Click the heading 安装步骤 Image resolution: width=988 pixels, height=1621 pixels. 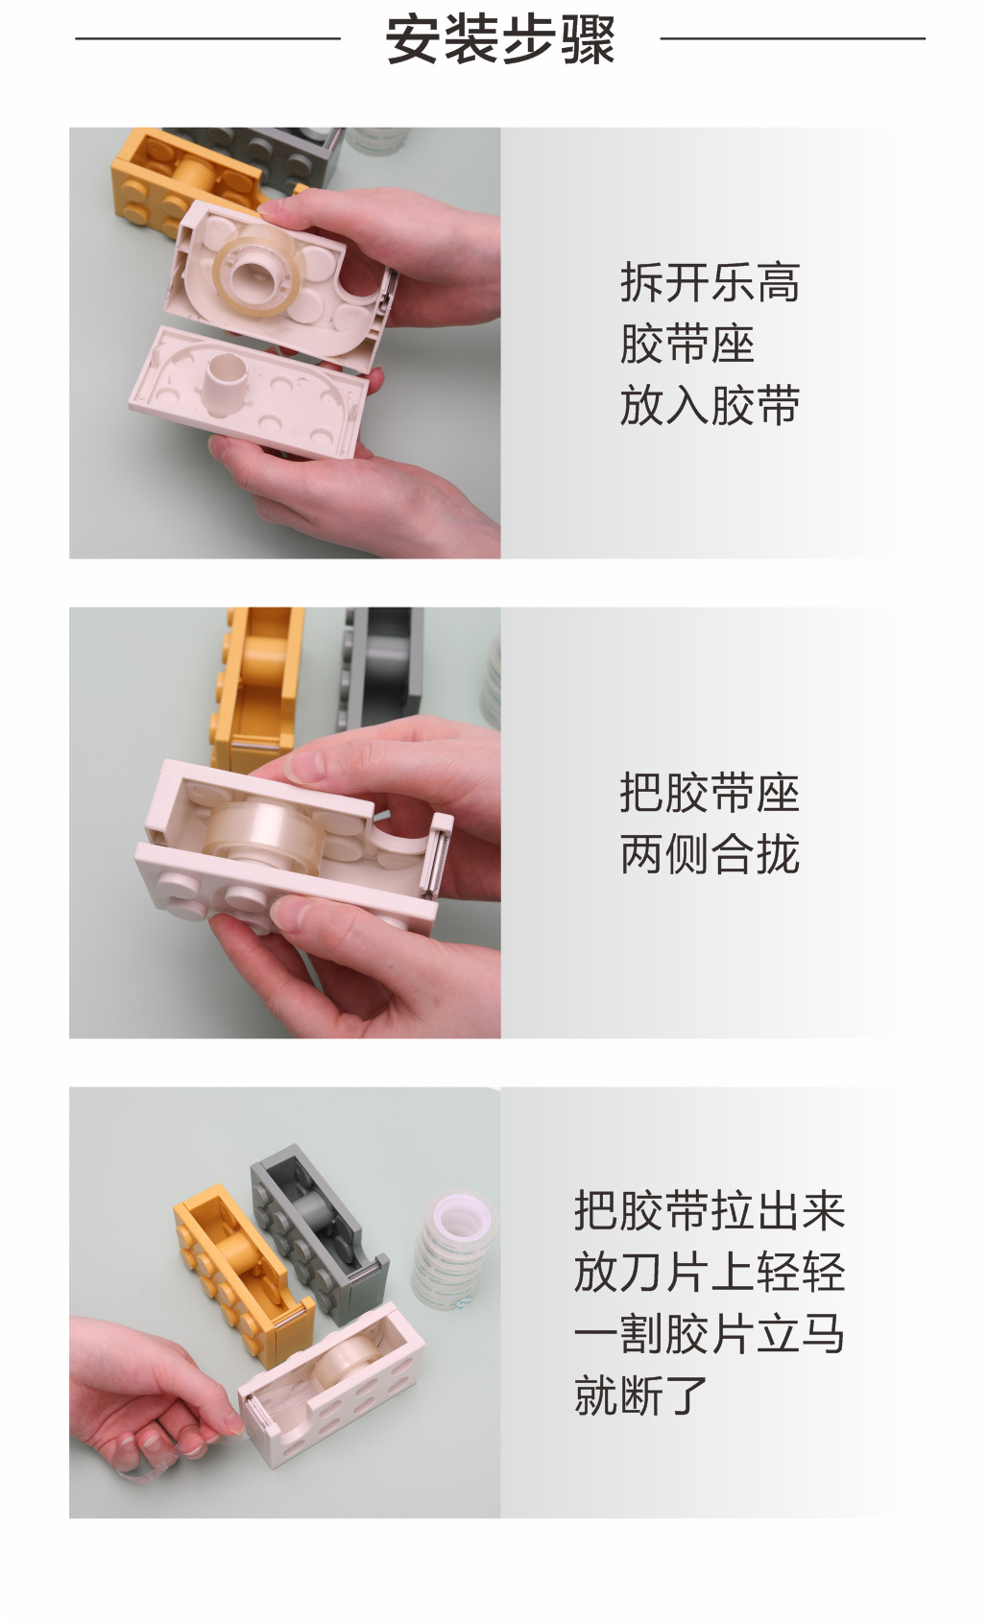500,39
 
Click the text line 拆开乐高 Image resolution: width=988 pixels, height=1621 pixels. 710,282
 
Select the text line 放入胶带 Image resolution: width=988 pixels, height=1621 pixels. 710,404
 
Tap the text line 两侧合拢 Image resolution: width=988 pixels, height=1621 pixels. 710,853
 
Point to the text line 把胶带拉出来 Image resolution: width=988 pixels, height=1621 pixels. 710,1210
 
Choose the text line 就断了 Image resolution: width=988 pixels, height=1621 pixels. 641,1395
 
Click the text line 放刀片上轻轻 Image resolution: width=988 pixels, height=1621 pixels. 710,1272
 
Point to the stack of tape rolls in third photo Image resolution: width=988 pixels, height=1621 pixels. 455,1248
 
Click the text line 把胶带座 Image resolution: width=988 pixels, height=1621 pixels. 710,793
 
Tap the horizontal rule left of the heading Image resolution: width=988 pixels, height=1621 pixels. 207,39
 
